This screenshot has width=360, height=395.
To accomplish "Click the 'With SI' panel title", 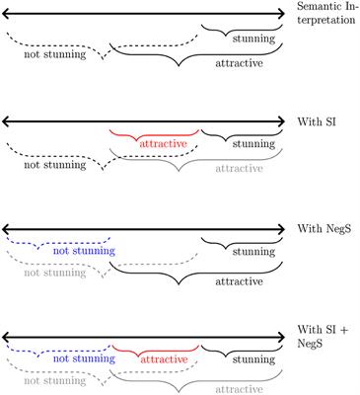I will coord(317,123).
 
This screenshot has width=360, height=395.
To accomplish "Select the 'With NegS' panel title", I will coord(324,230).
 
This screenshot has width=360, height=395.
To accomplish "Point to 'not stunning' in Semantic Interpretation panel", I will coord(54,54).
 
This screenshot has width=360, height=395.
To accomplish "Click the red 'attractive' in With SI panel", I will coord(154,143).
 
